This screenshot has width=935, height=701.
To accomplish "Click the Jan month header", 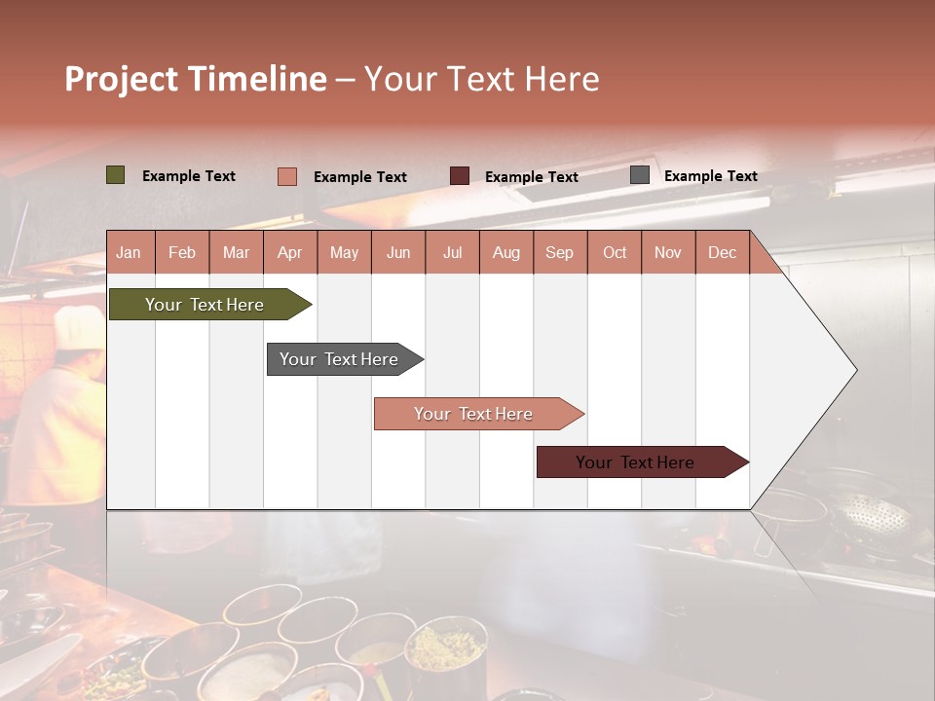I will click(x=129, y=252).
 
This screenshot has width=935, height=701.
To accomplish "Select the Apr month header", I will click(x=289, y=252).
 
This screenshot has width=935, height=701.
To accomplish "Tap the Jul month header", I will click(x=452, y=252).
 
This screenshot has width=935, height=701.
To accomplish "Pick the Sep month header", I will click(x=559, y=252).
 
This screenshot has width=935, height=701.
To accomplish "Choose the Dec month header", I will click(x=722, y=252).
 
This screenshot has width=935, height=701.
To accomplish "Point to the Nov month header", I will click(x=667, y=252).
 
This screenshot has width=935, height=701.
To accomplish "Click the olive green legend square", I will click(x=116, y=175).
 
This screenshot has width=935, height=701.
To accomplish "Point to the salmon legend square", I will click(x=287, y=176).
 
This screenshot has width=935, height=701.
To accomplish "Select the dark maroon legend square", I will click(x=460, y=176).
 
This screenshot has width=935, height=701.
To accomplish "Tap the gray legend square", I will click(x=640, y=175).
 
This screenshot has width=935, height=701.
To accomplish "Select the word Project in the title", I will click(x=122, y=79).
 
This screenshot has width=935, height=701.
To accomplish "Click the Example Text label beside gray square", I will click(x=710, y=176).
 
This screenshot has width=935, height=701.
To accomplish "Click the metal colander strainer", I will click(x=872, y=513).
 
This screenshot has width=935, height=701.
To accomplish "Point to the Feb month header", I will click(x=182, y=252).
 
